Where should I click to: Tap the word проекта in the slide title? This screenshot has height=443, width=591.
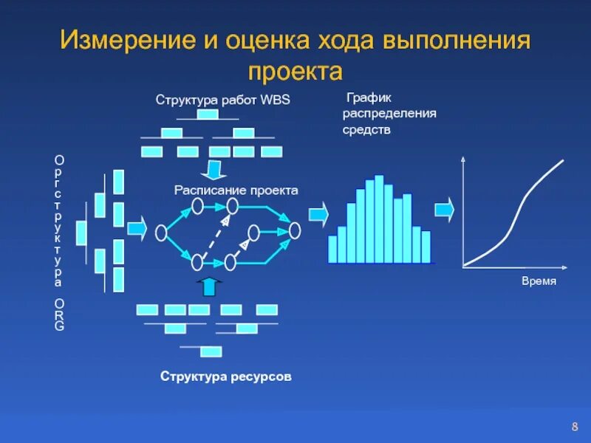295,71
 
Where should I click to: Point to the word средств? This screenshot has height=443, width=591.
366,130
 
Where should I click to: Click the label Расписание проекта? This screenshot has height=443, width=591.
236,190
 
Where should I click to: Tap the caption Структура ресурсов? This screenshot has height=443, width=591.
226,377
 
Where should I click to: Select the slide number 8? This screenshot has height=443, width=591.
574,427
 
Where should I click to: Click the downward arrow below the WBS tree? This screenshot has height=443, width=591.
214,170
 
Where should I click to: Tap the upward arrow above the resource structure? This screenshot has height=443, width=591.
210,286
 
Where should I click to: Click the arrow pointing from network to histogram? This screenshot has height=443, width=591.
318,214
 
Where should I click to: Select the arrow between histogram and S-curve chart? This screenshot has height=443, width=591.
444,210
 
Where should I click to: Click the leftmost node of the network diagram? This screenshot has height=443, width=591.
161,233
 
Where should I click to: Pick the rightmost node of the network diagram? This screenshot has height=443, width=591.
295,230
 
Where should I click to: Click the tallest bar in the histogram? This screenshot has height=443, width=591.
379,219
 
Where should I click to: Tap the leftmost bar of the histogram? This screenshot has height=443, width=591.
332,249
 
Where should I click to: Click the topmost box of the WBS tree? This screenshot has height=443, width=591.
208,115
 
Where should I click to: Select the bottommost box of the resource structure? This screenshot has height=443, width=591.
211,351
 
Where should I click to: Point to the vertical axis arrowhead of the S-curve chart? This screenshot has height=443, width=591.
462,159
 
